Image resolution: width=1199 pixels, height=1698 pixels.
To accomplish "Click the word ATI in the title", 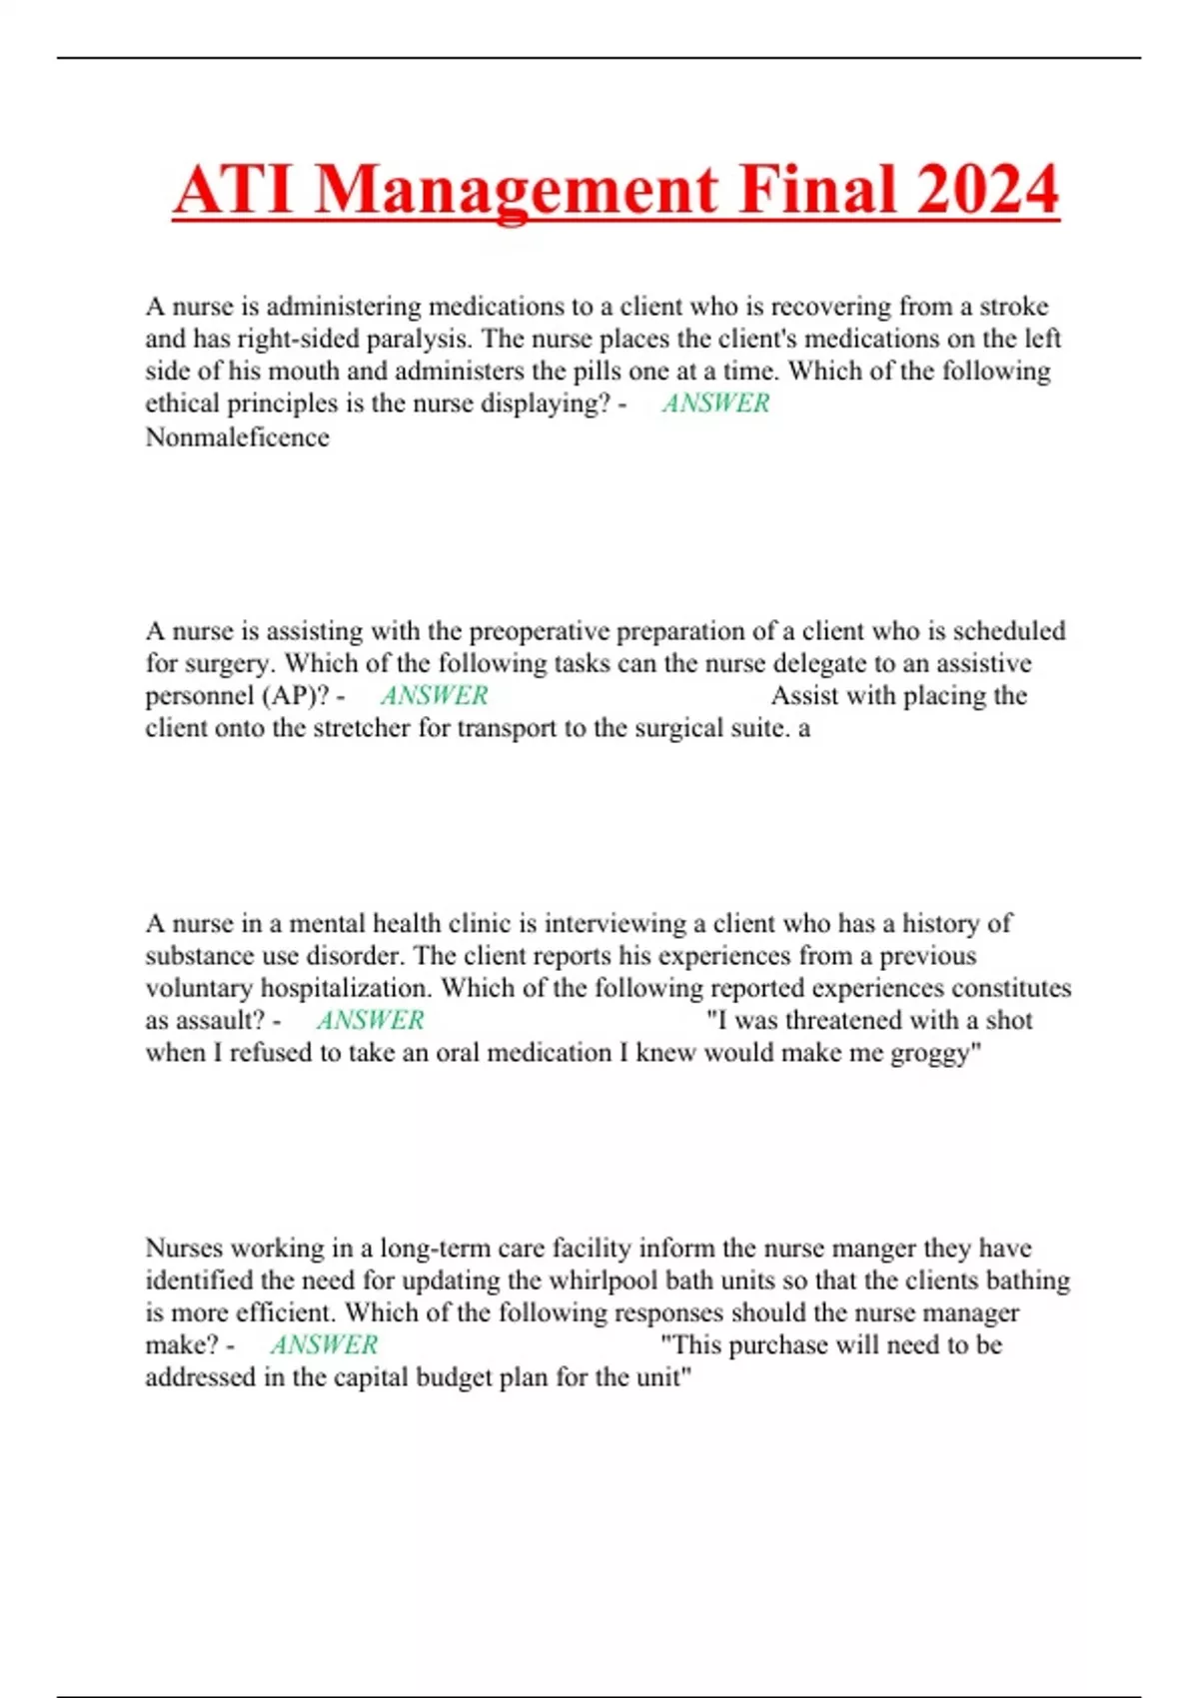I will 234,190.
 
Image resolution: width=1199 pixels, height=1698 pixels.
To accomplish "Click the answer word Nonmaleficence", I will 237,437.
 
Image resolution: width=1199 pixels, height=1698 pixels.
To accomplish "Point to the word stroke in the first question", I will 1013,306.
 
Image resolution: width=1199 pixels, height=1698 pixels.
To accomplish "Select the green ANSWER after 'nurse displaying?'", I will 715,404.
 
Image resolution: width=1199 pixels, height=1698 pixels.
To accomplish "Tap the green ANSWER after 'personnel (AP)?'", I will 434,695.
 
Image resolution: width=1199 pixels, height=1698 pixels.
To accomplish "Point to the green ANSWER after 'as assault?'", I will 370,1020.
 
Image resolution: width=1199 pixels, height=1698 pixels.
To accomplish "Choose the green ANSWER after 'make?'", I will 324,1344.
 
